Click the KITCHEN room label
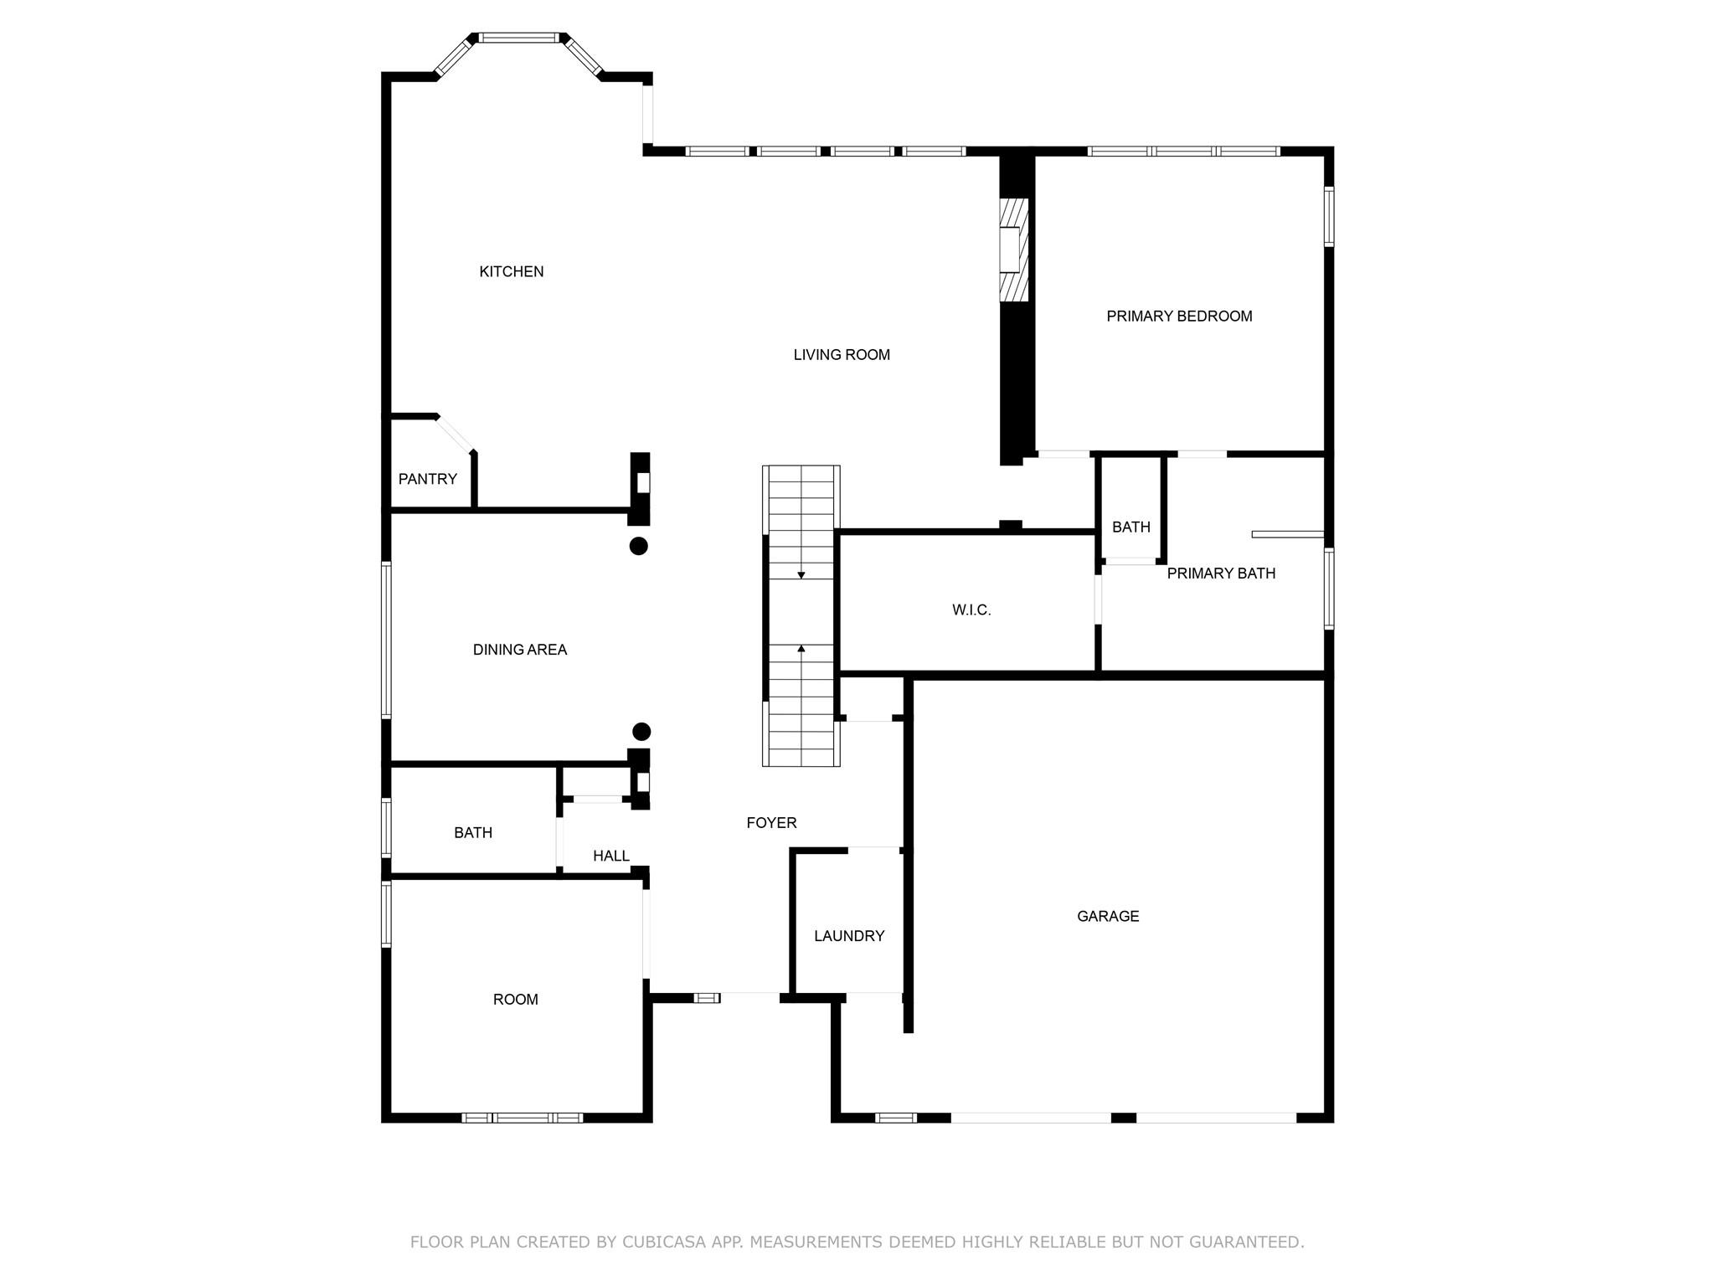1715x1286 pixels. click(511, 271)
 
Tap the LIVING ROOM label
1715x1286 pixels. click(841, 355)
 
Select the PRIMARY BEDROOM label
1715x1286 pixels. click(1178, 316)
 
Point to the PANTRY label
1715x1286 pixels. click(427, 479)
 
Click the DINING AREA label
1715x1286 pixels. click(519, 650)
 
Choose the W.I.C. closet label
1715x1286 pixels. click(971, 610)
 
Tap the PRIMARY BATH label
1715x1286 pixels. click(1220, 574)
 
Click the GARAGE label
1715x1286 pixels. click(1107, 917)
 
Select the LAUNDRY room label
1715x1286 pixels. click(848, 936)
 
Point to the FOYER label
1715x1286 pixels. click(770, 823)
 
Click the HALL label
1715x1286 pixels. click(610, 856)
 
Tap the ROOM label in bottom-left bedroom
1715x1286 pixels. click(515, 1000)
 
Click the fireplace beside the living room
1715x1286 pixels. click(1012, 249)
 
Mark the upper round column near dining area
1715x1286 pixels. click(638, 546)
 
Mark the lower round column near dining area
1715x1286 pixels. click(641, 732)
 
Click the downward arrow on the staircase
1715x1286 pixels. click(801, 574)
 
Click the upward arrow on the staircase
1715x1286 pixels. click(801, 648)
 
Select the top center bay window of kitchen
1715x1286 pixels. click(518, 38)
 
